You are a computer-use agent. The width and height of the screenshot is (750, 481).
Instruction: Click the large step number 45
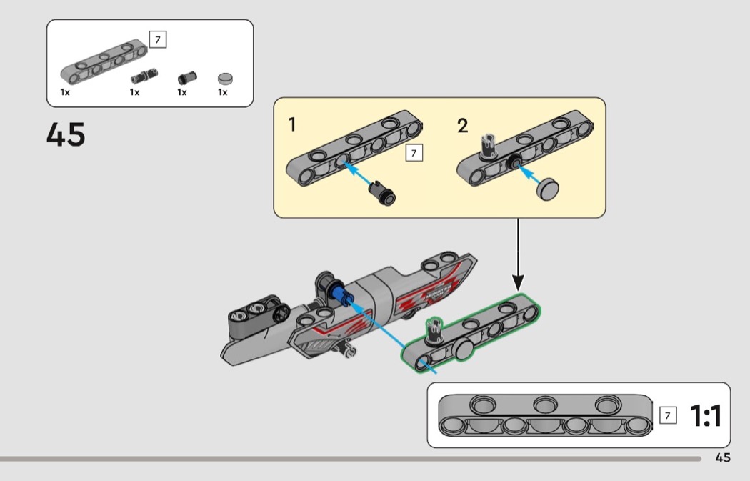pyautogui.click(x=66, y=134)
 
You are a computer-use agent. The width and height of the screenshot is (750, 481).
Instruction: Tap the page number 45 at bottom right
pyautogui.click(x=723, y=458)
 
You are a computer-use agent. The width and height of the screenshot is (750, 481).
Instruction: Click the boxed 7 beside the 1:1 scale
pyautogui.click(x=669, y=415)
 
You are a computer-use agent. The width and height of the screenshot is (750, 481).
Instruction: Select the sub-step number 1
pyautogui.click(x=292, y=126)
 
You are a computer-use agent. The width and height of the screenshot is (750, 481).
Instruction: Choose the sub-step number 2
pyautogui.click(x=463, y=127)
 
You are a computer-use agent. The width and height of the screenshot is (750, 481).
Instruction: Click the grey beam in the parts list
pyautogui.click(x=104, y=61)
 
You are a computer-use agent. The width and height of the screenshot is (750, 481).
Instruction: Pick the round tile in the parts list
pyautogui.click(x=226, y=77)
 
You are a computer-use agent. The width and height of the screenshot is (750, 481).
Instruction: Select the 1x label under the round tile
pyautogui.click(x=223, y=92)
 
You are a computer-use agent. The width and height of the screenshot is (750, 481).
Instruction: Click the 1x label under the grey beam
pyautogui.click(x=65, y=92)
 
